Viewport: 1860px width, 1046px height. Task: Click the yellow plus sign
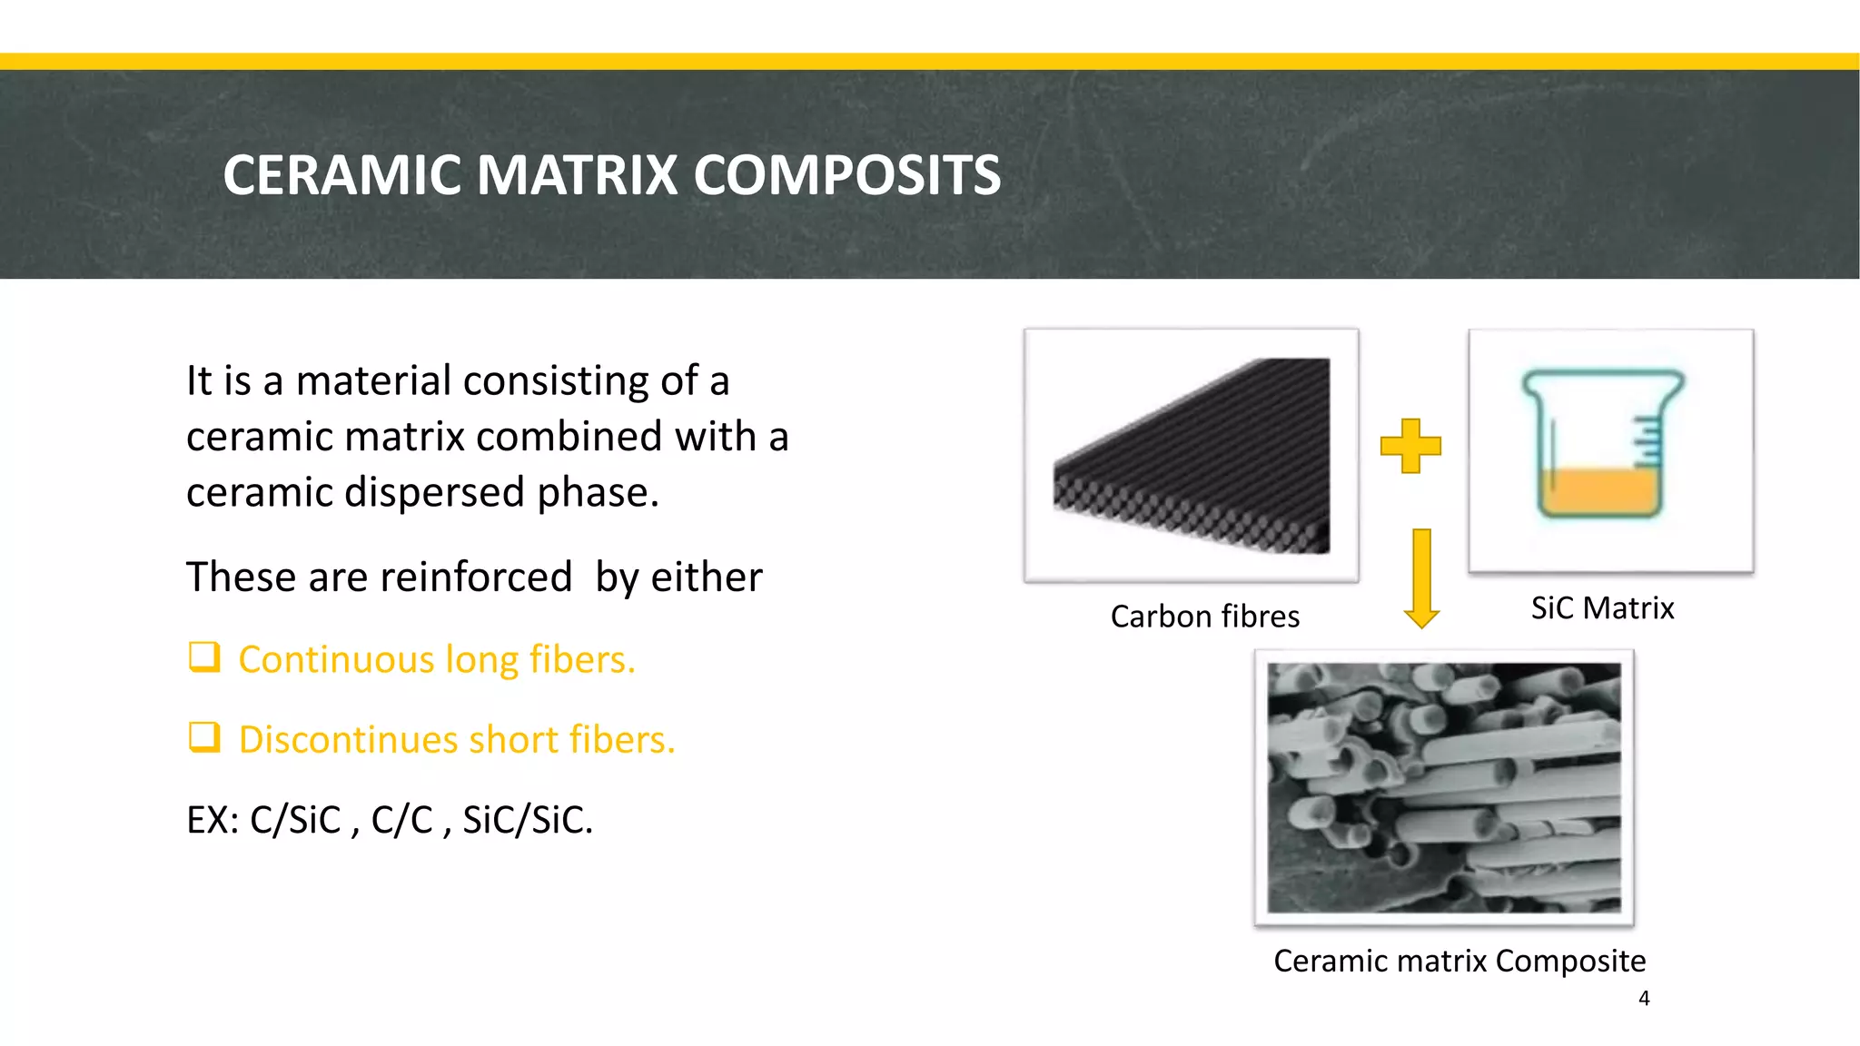pyautogui.click(x=1410, y=446)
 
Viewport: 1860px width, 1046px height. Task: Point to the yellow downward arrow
pyautogui.click(x=1421, y=579)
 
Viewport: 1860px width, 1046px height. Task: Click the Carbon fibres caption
pyautogui.click(x=1204, y=617)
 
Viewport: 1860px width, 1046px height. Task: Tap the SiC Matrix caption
pyautogui.click(x=1602, y=607)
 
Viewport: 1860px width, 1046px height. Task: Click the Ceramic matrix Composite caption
pyautogui.click(x=1459, y=961)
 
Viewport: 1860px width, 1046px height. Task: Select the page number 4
pyautogui.click(x=1644, y=999)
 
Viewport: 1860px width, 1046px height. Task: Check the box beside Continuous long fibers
pyautogui.click(x=204, y=656)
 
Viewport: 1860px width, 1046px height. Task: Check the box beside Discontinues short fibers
pyautogui.click(x=204, y=736)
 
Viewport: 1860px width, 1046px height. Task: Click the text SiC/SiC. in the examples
pyautogui.click(x=528, y=820)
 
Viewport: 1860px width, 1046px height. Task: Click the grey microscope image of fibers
pyautogui.click(x=1444, y=788)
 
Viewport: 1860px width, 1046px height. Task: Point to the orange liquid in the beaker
pyautogui.click(x=1598, y=490)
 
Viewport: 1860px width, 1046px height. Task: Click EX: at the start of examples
pyautogui.click(x=213, y=820)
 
